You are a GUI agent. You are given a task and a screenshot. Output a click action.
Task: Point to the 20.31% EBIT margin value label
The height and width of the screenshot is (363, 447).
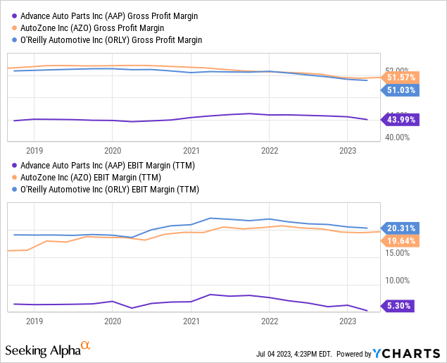point(401,228)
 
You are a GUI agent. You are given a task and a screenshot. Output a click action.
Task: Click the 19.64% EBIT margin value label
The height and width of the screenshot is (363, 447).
point(401,240)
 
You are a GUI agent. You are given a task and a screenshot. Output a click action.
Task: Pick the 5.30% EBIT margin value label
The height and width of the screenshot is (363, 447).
point(399,306)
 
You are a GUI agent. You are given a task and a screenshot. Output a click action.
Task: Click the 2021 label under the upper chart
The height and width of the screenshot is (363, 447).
point(191,150)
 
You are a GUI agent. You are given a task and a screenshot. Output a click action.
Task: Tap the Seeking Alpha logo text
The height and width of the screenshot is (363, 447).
point(42,350)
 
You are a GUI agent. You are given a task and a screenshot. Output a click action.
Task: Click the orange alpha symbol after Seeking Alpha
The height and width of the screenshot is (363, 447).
point(86,345)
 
